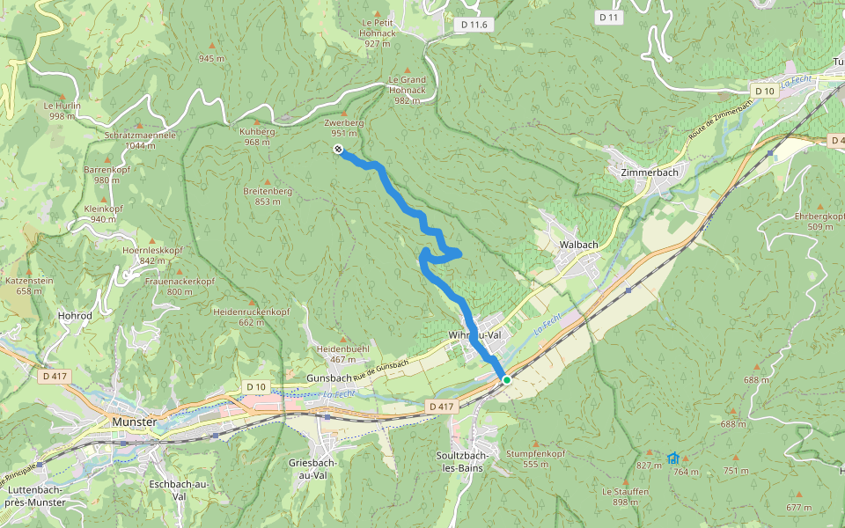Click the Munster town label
(x=134, y=422)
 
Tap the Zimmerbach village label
(x=650, y=172)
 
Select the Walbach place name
(x=579, y=244)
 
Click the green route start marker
(x=506, y=379)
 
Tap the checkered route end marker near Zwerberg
(x=338, y=150)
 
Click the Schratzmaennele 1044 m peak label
(x=141, y=141)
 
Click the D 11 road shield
(x=608, y=17)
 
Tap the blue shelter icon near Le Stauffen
(x=673, y=458)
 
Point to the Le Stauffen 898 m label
(x=626, y=496)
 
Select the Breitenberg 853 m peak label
(x=268, y=195)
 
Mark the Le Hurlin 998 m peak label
(x=62, y=110)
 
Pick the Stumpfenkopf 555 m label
(x=535, y=458)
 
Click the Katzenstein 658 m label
(x=30, y=285)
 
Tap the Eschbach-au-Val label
(x=179, y=490)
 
